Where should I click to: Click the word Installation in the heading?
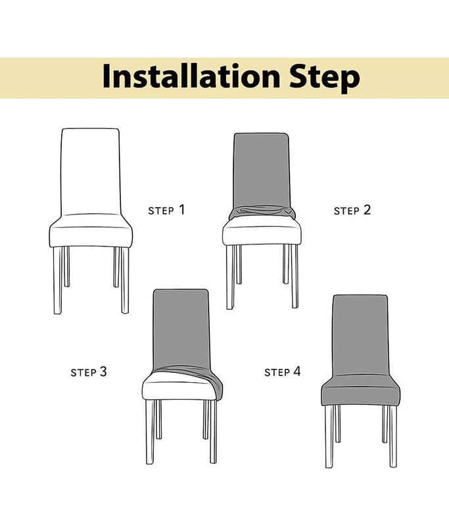click(191, 76)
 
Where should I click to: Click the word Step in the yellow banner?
click(325, 78)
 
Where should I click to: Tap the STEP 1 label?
click(166, 210)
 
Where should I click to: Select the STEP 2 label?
click(352, 210)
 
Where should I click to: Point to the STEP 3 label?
click(89, 372)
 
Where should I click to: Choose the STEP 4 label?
click(282, 371)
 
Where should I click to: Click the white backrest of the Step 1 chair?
click(90, 171)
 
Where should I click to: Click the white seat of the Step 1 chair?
click(91, 231)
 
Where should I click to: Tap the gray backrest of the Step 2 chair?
click(261, 170)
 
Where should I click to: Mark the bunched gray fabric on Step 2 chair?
click(262, 212)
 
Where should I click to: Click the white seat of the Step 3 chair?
click(177, 386)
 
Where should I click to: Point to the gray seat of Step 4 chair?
click(360, 391)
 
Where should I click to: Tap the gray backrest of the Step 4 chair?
click(360, 335)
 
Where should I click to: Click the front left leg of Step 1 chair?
click(58, 281)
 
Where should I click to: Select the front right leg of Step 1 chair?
click(125, 281)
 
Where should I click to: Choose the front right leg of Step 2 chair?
click(295, 276)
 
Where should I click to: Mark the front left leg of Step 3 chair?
click(150, 432)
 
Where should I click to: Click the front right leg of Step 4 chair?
click(392, 437)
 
